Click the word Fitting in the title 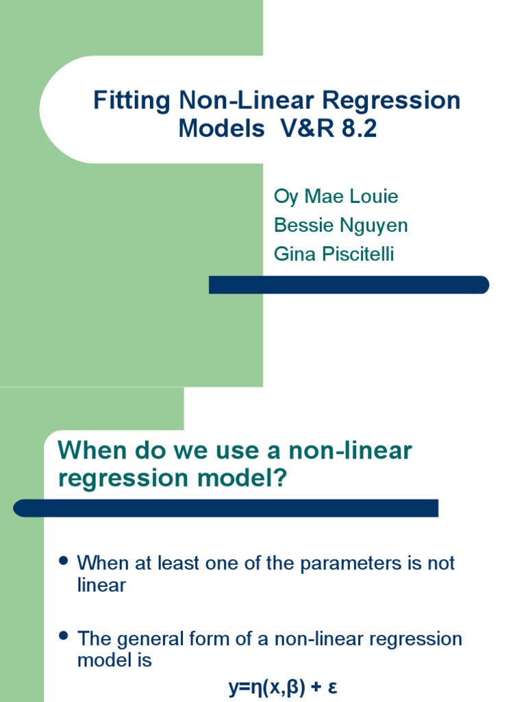[131, 101]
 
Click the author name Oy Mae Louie [336, 197]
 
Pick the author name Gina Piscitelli [334, 254]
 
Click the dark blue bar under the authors [349, 285]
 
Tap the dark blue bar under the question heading [226, 508]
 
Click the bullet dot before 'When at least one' [64, 561]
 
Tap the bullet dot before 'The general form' [64, 636]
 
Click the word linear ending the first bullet [101, 585]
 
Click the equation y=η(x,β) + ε [282, 687]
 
